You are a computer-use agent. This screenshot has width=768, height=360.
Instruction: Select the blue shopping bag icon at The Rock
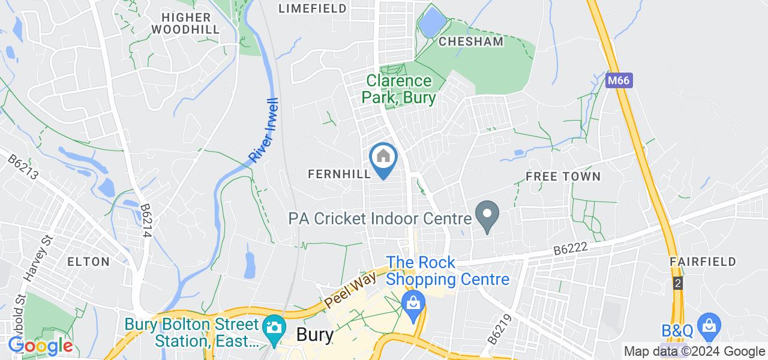click(x=413, y=302)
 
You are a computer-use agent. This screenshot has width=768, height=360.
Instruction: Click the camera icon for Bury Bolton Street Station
click(x=274, y=328)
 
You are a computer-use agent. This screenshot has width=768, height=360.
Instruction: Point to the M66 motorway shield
click(x=619, y=80)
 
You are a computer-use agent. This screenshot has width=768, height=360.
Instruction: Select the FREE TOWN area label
click(x=562, y=176)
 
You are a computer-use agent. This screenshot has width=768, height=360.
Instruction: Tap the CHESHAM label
click(x=471, y=41)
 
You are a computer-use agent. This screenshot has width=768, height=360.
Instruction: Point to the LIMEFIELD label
click(x=313, y=8)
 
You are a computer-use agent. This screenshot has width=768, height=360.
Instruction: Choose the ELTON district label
click(x=89, y=262)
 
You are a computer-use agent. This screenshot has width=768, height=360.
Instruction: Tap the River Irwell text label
click(x=264, y=130)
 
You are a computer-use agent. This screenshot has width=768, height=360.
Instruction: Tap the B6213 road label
click(x=23, y=168)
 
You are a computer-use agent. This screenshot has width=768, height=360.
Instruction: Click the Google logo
click(x=40, y=346)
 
